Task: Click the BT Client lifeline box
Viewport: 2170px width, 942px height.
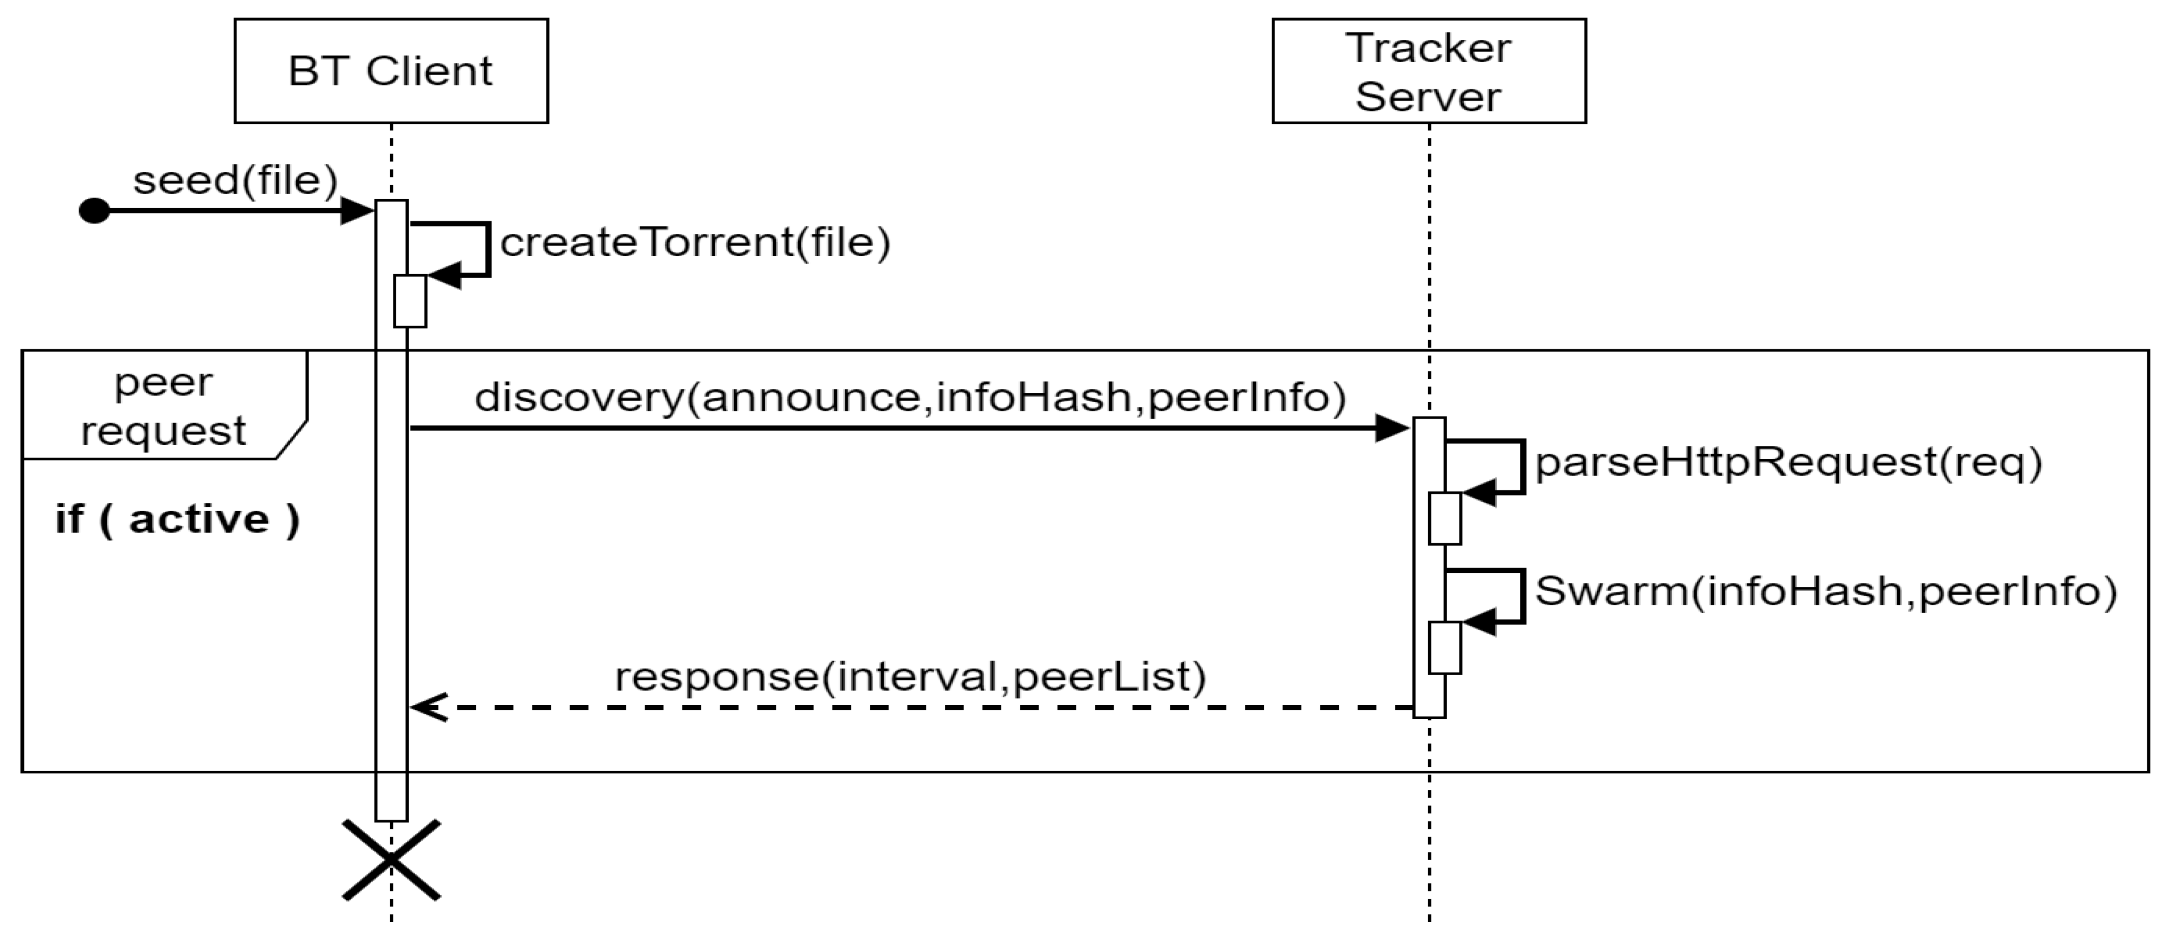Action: pos(391,71)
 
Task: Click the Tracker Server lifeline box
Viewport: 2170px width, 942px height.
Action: pos(1428,71)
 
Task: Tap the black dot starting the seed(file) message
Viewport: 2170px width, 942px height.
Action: pos(94,210)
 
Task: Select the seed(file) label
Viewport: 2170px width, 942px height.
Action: pos(235,179)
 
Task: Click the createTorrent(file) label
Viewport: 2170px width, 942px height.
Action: pos(695,243)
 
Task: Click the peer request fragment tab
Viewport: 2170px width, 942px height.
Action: pos(163,406)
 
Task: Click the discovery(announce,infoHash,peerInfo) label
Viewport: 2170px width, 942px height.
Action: pos(910,397)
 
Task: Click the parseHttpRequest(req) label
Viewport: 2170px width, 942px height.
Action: pos(1787,462)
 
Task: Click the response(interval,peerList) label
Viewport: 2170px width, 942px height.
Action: pos(910,676)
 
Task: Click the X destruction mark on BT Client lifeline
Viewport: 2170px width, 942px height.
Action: pos(392,860)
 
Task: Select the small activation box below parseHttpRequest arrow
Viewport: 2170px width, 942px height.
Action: pos(1445,518)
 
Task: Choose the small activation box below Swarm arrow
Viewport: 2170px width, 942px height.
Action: pos(1445,647)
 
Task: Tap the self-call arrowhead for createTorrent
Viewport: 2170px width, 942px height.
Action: pos(445,275)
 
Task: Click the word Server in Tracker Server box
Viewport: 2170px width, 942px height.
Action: pos(1428,96)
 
